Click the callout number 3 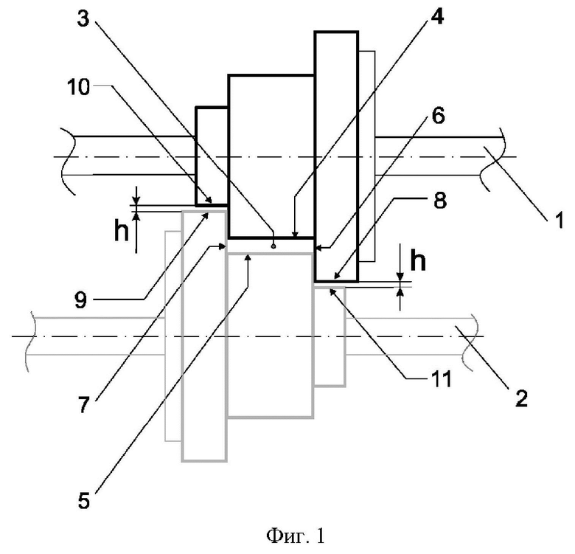83,18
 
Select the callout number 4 436,16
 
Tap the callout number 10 78,87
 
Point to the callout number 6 438,116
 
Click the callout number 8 439,201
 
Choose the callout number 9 80,299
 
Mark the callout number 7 83,405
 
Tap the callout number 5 83,500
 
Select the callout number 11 440,379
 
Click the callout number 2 521,398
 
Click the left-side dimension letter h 122,230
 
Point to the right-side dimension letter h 418,260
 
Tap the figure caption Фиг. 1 296,536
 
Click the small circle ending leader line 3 273,246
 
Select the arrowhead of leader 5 248,258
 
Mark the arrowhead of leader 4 294,234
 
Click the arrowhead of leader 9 206,215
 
